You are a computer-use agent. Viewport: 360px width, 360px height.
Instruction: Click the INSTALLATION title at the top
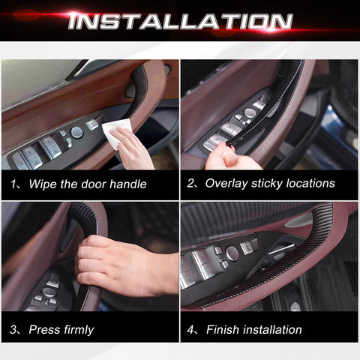pyautogui.click(x=180, y=20)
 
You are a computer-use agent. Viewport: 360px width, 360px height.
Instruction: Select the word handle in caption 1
pyautogui.click(x=129, y=184)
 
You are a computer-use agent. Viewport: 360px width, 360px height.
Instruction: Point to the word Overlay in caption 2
pyautogui.click(x=229, y=183)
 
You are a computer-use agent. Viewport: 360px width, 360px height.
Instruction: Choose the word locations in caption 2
pyautogui.click(x=316, y=183)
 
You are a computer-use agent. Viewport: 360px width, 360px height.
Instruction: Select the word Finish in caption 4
pyautogui.click(x=224, y=329)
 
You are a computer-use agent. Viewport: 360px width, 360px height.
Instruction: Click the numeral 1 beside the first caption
pyautogui.click(x=14, y=184)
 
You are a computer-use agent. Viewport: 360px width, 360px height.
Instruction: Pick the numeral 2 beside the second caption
pyautogui.click(x=190, y=183)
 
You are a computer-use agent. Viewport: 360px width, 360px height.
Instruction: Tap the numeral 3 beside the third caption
pyautogui.click(x=14, y=329)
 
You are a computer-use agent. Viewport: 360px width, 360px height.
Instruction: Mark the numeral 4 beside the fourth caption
pyautogui.click(x=190, y=329)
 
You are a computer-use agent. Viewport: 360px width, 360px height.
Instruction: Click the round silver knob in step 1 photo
pyautogui.click(x=76, y=132)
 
